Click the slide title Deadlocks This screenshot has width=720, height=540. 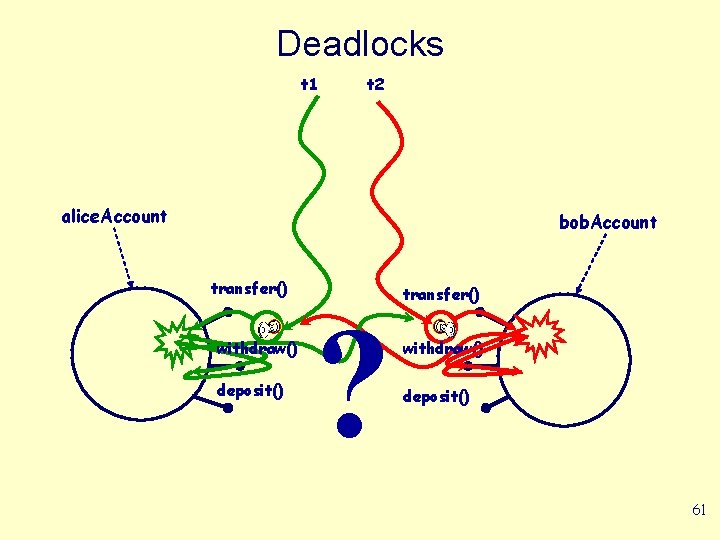[359, 44]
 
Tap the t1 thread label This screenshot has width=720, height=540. [309, 84]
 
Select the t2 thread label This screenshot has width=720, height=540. [376, 84]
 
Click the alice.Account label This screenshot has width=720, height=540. [114, 216]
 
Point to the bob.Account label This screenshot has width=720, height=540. [608, 222]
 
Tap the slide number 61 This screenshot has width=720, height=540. [699, 510]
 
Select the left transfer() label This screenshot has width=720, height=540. [249, 289]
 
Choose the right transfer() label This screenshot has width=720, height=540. [440, 294]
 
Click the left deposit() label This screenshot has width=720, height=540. [250, 390]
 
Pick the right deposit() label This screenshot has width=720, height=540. [435, 396]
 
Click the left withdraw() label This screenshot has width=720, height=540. [257, 349]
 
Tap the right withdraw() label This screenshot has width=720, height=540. [442, 349]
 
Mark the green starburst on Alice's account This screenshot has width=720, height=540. [176, 338]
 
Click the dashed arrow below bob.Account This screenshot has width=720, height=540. [594, 263]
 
